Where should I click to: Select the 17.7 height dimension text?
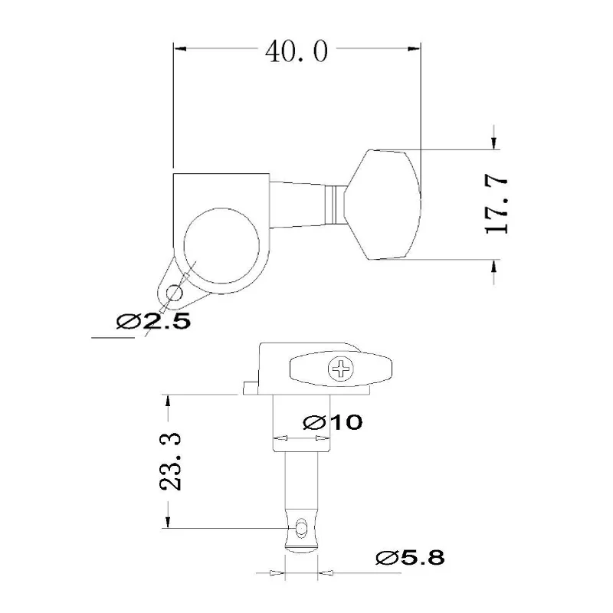[x=498, y=203]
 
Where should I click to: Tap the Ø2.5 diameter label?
[x=153, y=322]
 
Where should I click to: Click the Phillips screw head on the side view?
[x=340, y=370]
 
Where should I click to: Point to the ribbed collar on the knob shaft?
[x=333, y=204]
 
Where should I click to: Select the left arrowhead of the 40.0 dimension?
[x=180, y=50]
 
